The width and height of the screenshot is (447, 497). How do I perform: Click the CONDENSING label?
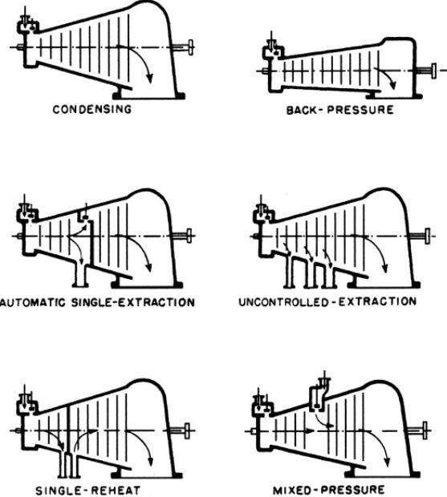coord(92,109)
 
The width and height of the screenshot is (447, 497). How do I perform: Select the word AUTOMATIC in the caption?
coord(33,302)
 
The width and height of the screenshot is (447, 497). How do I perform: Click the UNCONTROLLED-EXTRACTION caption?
coord(327,301)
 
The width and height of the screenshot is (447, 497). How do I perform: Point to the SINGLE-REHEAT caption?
coord(87,491)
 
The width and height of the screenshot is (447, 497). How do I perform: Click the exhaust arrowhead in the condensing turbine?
coord(149,79)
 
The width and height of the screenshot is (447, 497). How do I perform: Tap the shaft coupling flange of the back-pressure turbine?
coord(433,71)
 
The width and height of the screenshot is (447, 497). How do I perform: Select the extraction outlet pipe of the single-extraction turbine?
coord(80,274)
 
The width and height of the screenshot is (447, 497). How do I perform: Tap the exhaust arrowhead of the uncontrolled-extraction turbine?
coord(385,268)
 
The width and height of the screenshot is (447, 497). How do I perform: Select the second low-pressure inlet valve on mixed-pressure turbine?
coord(319,393)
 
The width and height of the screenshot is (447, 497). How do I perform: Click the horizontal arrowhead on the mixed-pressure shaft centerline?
coord(311,431)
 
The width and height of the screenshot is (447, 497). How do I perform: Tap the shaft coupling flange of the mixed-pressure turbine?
coord(425,430)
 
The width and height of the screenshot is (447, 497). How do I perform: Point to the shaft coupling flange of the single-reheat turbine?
coord(187,430)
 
